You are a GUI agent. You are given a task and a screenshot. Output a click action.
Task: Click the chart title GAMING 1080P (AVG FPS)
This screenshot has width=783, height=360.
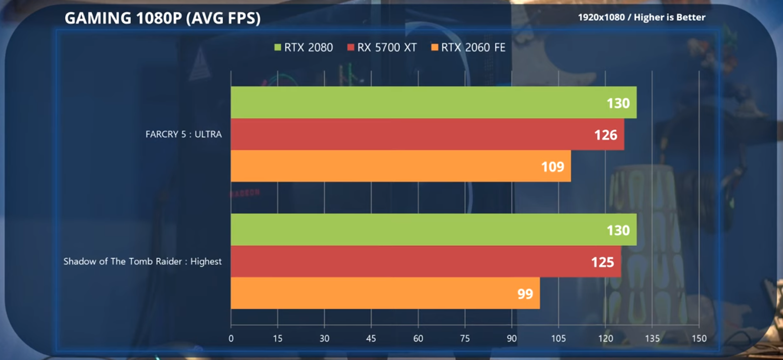click(162, 18)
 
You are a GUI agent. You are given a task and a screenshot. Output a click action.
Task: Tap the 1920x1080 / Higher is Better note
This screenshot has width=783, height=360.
click(641, 17)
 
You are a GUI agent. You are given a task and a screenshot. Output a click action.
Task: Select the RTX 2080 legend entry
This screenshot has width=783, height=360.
click(303, 47)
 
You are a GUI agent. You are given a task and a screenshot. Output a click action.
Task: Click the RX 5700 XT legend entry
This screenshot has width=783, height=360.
click(382, 47)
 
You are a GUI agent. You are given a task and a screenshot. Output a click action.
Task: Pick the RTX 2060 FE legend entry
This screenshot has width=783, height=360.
click(468, 47)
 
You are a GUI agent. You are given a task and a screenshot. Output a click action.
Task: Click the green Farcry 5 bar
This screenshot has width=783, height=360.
click(433, 102)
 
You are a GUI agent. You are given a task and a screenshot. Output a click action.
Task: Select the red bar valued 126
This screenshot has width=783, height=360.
click(427, 134)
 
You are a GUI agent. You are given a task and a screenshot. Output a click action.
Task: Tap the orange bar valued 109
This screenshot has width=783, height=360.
click(400, 166)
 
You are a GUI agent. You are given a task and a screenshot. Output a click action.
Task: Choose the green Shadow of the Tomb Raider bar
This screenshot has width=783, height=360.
click(433, 229)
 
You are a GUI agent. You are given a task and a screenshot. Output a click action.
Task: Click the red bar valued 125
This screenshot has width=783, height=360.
click(426, 261)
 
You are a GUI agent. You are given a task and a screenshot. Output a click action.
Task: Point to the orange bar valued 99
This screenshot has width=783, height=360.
click(385, 293)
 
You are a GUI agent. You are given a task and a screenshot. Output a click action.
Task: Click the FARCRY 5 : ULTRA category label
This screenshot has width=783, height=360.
click(184, 134)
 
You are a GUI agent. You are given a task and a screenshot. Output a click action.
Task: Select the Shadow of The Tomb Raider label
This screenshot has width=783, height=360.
click(142, 261)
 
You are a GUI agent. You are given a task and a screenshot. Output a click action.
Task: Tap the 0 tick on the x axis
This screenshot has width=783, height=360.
click(231, 338)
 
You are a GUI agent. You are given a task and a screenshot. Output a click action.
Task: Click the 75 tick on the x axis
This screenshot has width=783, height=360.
click(465, 338)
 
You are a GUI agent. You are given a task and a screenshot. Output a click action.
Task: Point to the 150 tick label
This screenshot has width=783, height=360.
click(699, 338)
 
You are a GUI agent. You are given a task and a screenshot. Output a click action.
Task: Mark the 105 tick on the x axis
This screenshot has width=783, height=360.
click(558, 338)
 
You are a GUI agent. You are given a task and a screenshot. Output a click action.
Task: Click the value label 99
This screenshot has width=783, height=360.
click(525, 293)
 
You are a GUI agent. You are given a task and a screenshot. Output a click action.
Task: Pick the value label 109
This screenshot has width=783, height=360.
click(553, 167)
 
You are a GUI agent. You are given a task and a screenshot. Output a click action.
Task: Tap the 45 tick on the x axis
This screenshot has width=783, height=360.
click(371, 338)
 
